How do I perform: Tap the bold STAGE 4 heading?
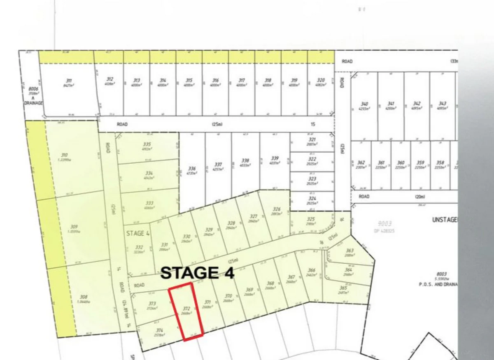pyautogui.click(x=197, y=273)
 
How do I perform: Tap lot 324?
pyautogui.click(x=312, y=200)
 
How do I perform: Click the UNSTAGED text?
pyautogui.click(x=445, y=220)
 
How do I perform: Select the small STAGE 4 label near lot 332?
pyautogui.click(x=137, y=233)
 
